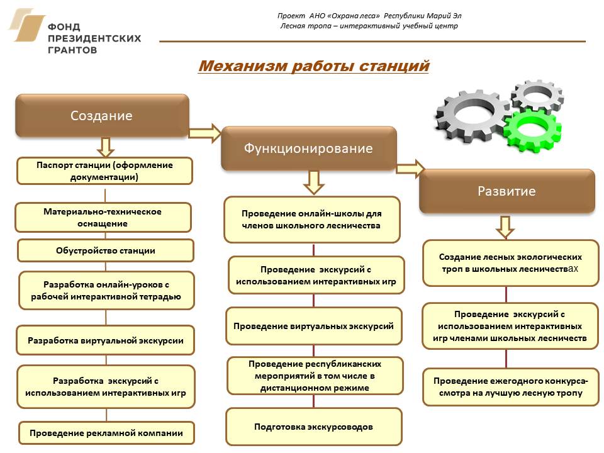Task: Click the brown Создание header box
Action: (102, 116)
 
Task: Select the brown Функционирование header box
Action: (308, 148)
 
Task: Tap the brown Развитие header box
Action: (506, 191)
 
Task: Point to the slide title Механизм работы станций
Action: (313, 66)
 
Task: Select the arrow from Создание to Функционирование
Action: (205, 133)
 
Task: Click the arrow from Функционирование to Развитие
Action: (410, 168)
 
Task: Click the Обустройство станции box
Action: (105, 250)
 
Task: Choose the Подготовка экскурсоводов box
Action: (313, 427)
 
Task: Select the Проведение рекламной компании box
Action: (106, 433)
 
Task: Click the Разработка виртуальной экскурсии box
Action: (106, 341)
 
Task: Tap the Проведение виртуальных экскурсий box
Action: (313, 326)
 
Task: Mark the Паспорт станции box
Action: (104, 171)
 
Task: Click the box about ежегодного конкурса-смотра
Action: (510, 387)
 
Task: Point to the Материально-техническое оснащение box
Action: (103, 217)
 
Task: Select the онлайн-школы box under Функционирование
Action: (312, 219)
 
